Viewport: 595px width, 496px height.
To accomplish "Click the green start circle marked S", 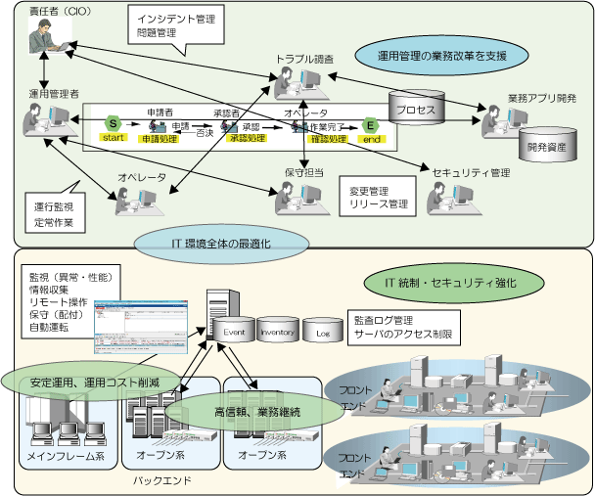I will pos(114,125).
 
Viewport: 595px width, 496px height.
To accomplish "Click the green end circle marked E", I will pos(371,125).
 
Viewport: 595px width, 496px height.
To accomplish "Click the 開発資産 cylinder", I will pos(544,143).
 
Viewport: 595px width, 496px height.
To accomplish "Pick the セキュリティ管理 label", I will pos(471,172).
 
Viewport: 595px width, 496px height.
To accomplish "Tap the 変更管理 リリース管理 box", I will pos(377,195).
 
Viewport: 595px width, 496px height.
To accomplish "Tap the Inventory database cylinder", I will pos(276,333).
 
